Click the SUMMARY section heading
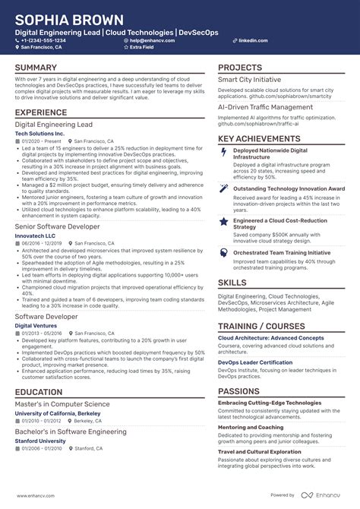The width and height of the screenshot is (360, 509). (x=36, y=68)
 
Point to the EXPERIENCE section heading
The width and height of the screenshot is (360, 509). (x=41, y=112)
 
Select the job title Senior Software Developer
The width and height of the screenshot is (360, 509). (x=58, y=226)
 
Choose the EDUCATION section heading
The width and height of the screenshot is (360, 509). (x=39, y=393)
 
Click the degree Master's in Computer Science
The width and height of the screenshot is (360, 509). (x=62, y=404)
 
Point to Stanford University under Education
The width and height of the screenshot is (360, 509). (x=40, y=441)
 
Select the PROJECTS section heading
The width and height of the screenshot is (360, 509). (x=240, y=68)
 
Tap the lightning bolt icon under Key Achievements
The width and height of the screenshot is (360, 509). (x=223, y=151)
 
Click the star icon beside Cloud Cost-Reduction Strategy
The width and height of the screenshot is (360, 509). (x=223, y=221)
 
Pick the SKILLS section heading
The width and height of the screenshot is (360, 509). (x=232, y=283)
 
